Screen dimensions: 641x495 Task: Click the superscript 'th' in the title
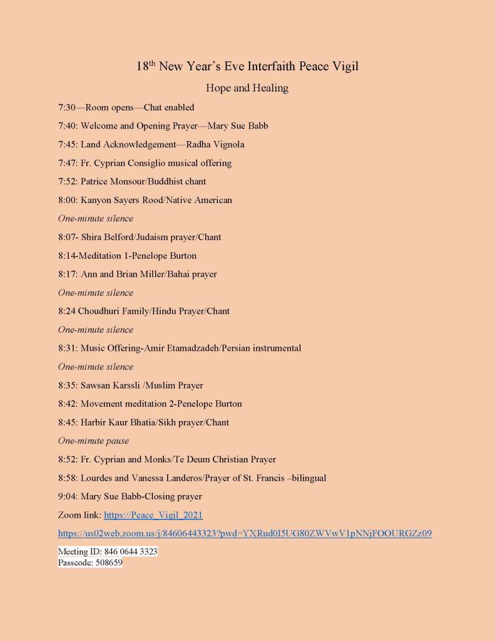(152, 63)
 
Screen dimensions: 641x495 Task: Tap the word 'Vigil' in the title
(344, 66)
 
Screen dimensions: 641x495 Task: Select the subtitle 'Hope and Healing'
(247, 88)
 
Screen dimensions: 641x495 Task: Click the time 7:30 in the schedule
(67, 107)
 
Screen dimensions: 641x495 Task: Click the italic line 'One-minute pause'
(93, 440)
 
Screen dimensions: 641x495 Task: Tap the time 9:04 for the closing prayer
(67, 496)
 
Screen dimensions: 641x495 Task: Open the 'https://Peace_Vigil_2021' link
(153, 515)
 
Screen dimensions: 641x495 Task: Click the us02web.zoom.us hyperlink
(245, 534)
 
